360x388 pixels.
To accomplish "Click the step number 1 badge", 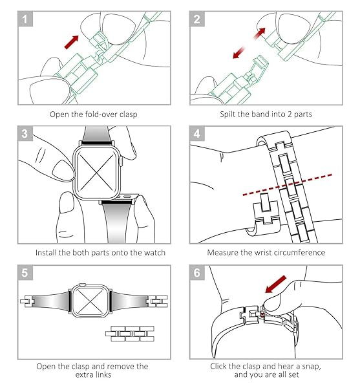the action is click(x=25, y=19).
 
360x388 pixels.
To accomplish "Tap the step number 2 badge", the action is click(x=197, y=19).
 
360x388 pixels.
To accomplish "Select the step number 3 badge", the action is click(x=25, y=133).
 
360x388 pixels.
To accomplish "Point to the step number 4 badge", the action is click(x=197, y=133).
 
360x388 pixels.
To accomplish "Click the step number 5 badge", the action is click(x=25, y=273).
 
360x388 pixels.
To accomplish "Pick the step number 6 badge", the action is click(x=197, y=273).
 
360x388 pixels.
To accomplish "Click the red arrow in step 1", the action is click(x=72, y=42).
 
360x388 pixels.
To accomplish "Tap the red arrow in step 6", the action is click(x=275, y=284).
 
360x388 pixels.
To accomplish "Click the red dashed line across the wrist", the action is click(x=288, y=185).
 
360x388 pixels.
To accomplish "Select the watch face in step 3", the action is click(x=96, y=173).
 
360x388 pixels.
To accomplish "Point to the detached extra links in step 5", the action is click(x=130, y=334).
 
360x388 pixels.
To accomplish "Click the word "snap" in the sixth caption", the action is click(x=312, y=367).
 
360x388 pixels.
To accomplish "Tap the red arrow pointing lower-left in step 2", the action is click(x=239, y=53).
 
